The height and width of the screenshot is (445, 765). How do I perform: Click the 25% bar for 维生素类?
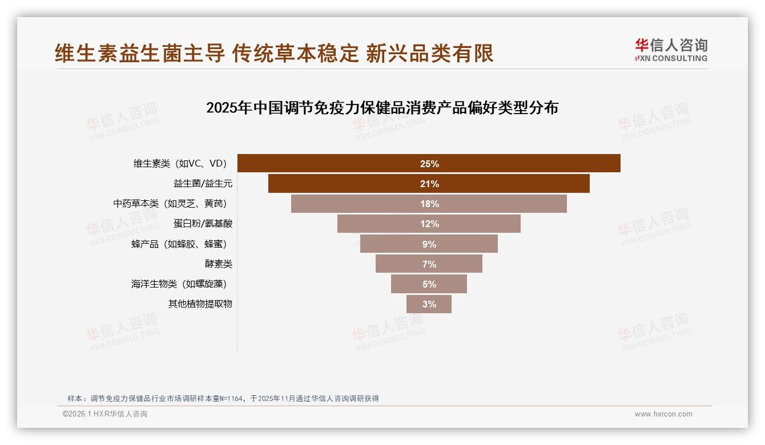[429, 164]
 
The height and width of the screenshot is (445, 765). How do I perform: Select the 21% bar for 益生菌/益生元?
[429, 184]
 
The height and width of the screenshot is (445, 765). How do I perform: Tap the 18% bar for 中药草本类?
[429, 204]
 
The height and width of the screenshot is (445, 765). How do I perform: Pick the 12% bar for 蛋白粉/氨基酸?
[429, 224]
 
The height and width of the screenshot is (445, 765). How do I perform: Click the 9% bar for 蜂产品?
[429, 244]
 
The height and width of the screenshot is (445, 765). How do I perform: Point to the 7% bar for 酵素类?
[429, 264]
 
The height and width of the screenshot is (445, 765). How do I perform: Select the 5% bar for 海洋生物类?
[429, 284]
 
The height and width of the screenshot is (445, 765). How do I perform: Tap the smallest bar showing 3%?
[429, 304]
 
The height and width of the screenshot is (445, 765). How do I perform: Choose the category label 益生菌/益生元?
[203, 184]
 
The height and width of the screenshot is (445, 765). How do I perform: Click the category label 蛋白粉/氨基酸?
[203, 224]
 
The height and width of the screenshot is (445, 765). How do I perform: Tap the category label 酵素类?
[219, 264]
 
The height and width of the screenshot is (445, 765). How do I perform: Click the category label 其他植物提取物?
[200, 304]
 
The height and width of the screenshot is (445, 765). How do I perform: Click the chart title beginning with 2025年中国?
[382, 108]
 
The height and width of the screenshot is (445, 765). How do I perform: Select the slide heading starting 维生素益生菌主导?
[274, 53]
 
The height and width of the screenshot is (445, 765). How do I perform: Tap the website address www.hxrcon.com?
[663, 414]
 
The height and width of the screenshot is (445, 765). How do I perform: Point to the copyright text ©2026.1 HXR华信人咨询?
[105, 414]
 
